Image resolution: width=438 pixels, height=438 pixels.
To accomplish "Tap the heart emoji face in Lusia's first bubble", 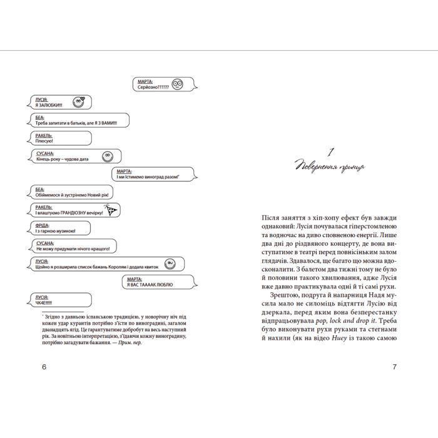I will pos(78,101).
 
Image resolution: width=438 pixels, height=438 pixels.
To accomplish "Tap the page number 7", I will pos(394,367).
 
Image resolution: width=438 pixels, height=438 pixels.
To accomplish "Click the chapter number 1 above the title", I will pos(332,151).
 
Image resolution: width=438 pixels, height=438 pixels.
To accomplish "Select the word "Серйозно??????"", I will pos(151,87).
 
